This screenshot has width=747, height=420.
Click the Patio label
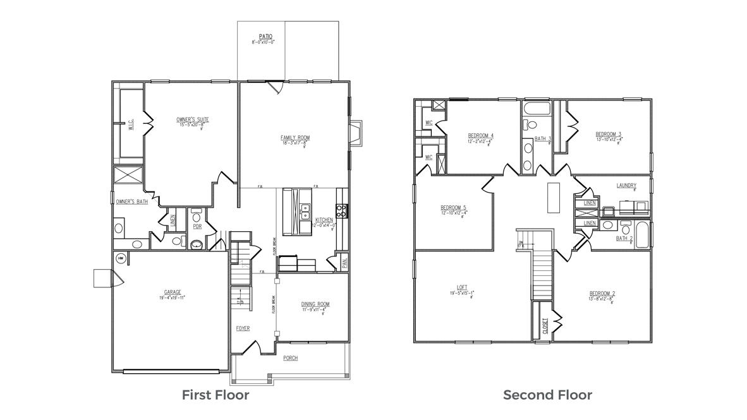(265, 37)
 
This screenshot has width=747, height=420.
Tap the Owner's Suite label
(192, 119)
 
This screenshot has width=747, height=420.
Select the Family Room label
(295, 138)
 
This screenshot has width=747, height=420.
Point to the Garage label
(173, 292)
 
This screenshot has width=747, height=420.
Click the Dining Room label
(315, 304)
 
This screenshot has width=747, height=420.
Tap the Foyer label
(243, 328)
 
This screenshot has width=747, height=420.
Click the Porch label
(290, 358)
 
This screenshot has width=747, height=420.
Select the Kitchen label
(324, 220)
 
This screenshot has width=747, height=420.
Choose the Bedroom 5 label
(453, 208)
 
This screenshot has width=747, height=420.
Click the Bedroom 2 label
(602, 293)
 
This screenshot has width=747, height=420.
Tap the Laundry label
(626, 186)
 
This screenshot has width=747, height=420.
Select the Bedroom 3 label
(608, 134)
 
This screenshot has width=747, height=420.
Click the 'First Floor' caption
(216, 395)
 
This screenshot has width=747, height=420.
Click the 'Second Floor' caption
(547, 395)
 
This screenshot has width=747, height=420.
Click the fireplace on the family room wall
(356, 133)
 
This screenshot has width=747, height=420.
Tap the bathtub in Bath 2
(642, 235)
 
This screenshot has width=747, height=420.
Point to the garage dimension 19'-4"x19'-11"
(173, 297)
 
